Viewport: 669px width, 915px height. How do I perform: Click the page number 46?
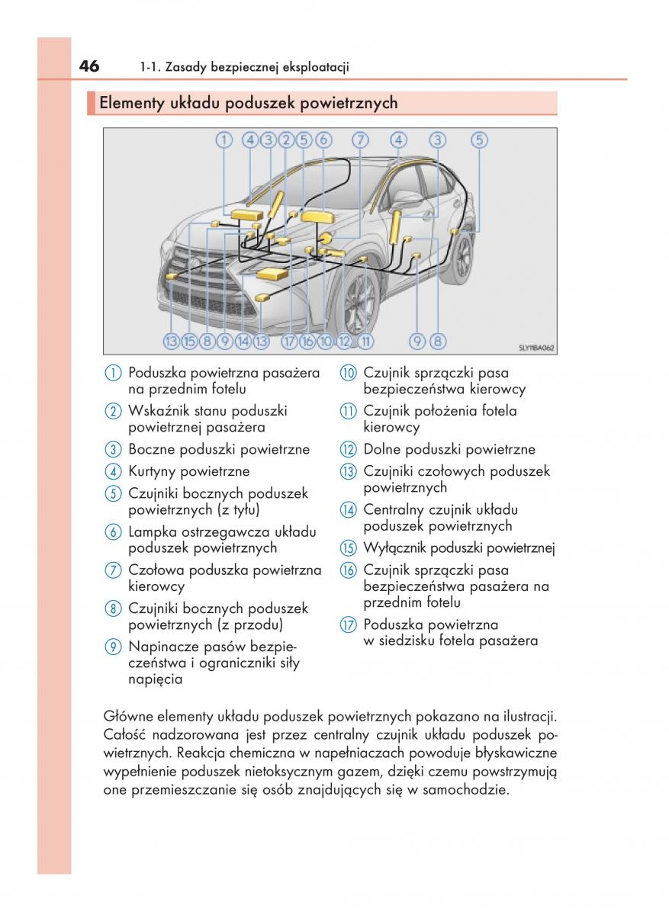(88, 66)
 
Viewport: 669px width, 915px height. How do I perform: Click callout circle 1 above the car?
(223, 140)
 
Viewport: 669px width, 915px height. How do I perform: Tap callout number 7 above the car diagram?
(360, 140)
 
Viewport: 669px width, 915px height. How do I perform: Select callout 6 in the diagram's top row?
(323, 140)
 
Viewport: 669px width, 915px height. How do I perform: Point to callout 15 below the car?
(189, 342)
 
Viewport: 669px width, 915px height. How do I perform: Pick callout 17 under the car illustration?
(289, 342)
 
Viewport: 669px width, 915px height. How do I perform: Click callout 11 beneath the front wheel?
(365, 342)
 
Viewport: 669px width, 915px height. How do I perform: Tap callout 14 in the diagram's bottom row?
(243, 342)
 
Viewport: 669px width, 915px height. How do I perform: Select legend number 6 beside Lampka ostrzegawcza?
(114, 532)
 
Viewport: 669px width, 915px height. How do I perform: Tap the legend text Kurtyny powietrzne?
(189, 472)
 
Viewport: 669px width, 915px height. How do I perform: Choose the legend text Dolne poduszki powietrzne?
(449, 449)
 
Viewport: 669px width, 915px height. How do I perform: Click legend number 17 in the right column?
(349, 625)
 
